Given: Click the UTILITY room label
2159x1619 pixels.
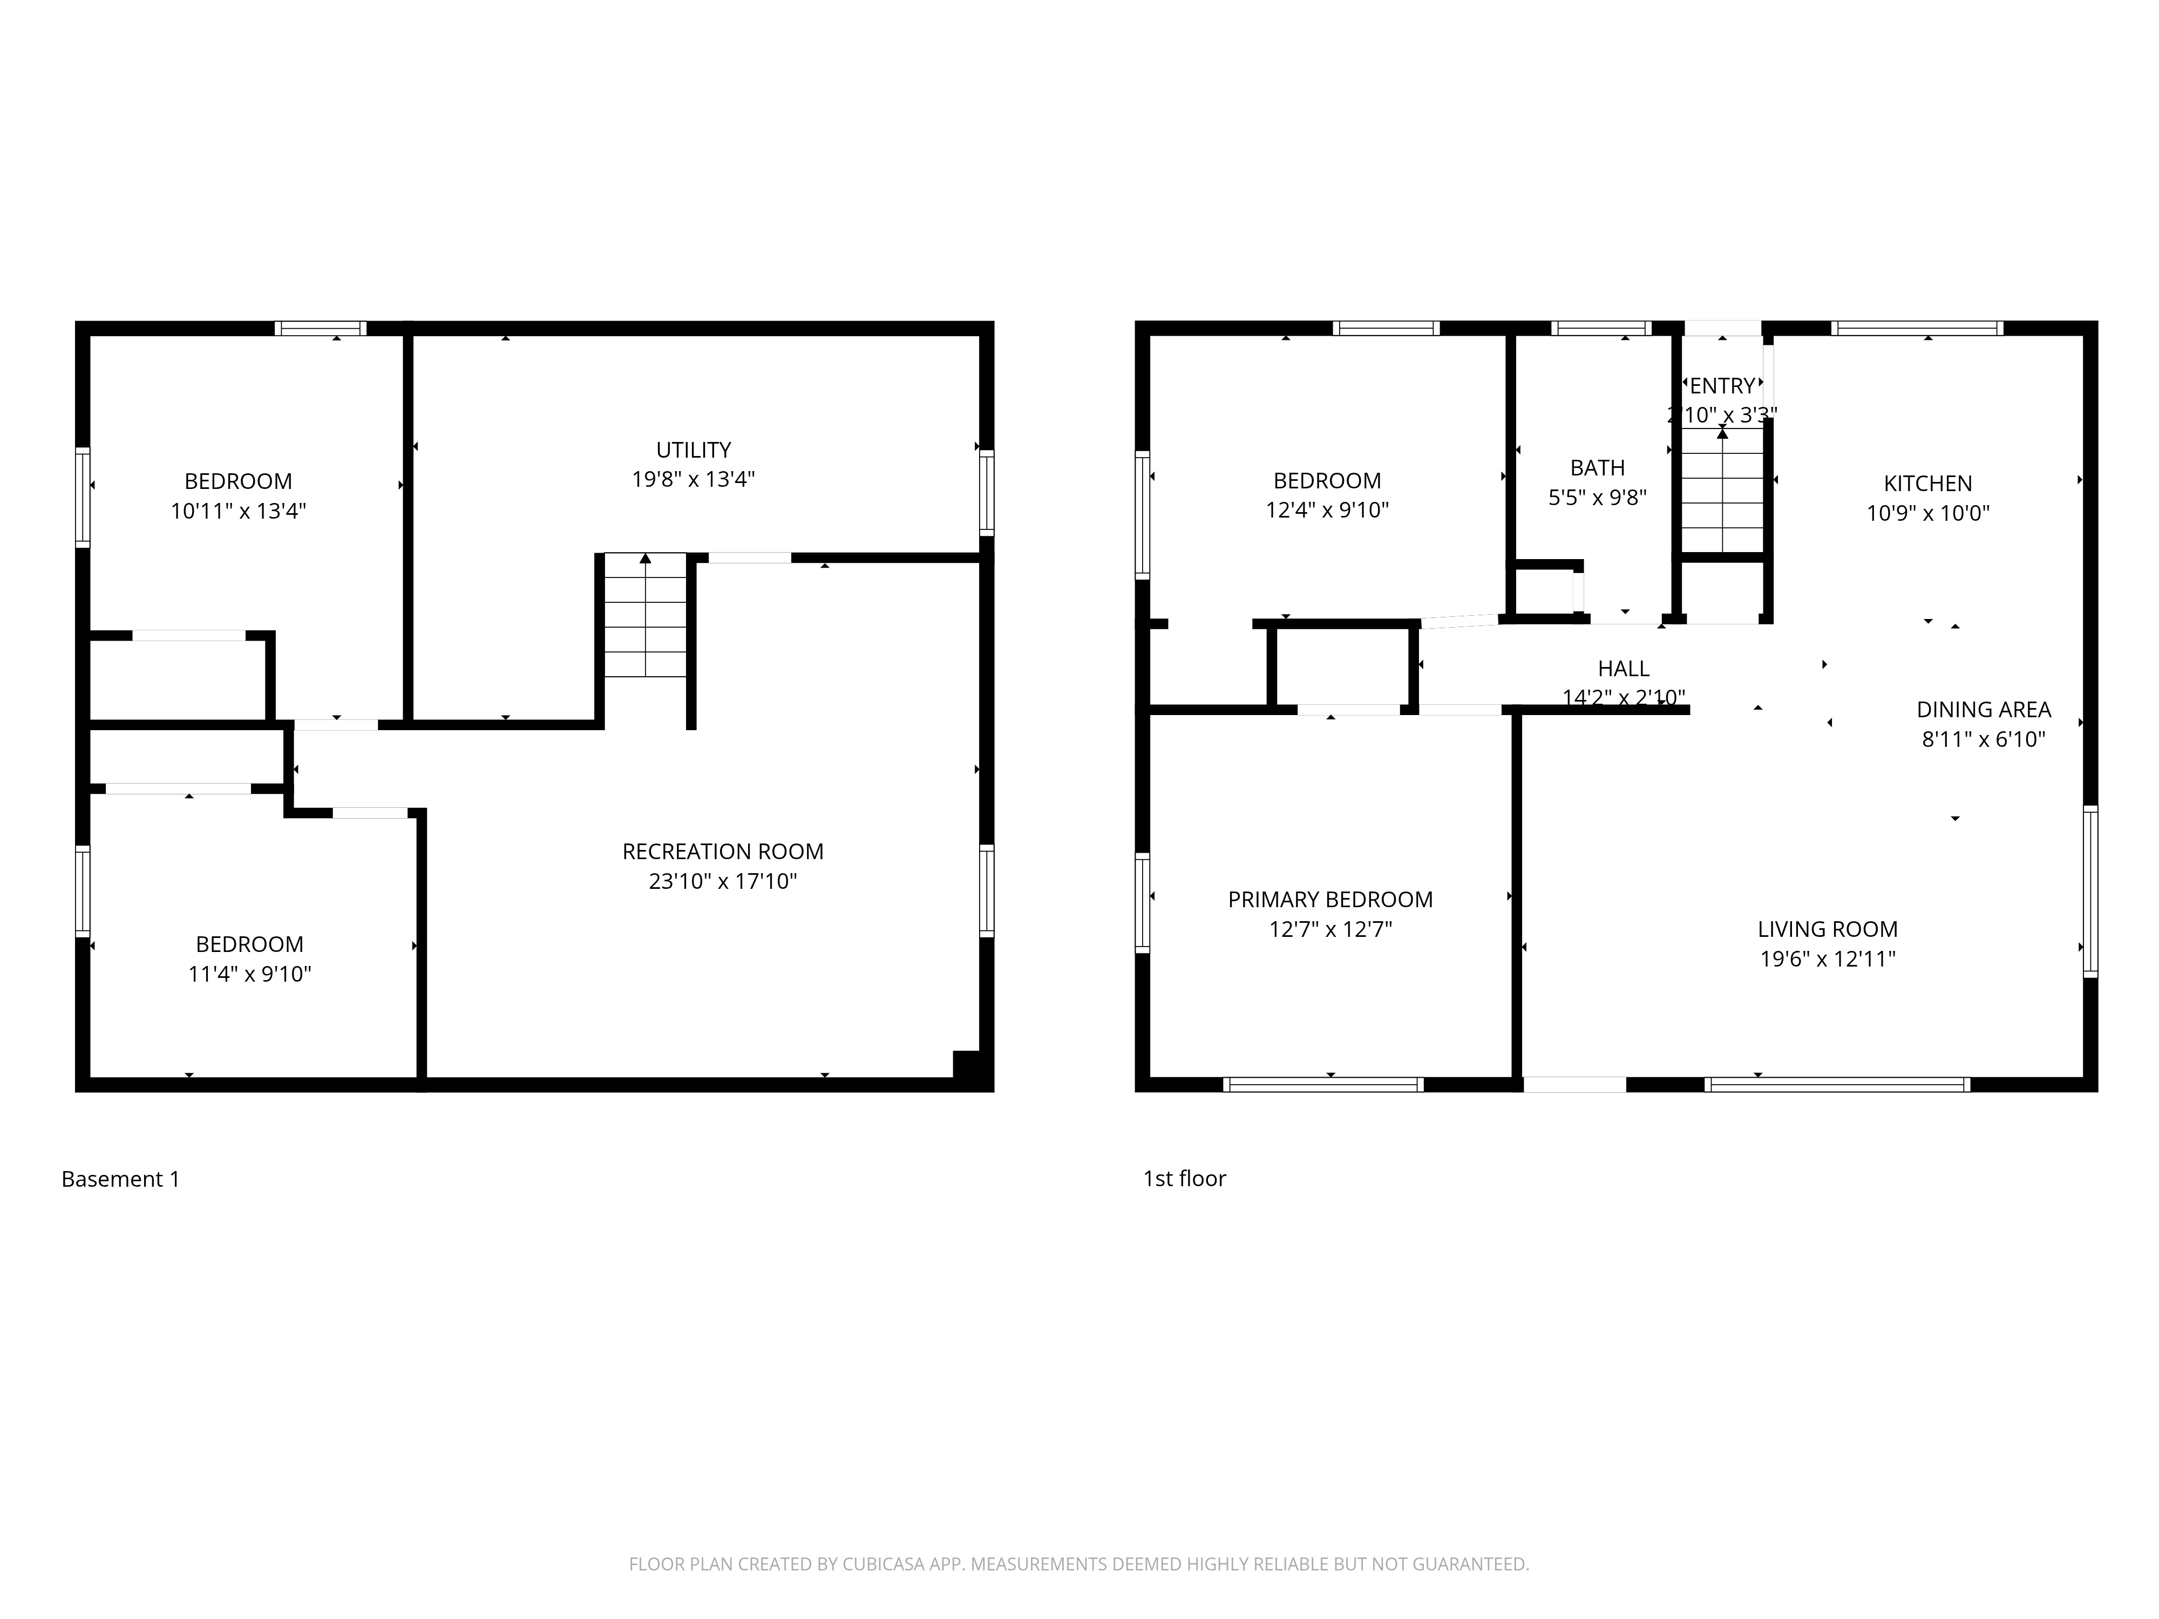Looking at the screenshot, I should pos(693,450).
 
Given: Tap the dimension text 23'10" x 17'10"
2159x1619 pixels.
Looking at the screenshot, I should pos(722,881).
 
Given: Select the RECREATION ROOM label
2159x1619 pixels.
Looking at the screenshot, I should pos(722,851).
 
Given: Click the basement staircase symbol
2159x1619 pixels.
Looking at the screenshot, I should pos(644,615).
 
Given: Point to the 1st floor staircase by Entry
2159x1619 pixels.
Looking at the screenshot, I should pos(1722,498).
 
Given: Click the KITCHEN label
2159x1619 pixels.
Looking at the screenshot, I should pos(1927,483).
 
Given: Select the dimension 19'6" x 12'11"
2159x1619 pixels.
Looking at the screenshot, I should pos(1827,958).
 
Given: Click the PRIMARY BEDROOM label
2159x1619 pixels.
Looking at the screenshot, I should pos(1329,900).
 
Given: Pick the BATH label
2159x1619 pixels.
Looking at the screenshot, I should pos(1597,467).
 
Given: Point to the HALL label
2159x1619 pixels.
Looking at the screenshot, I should pos(1623,669).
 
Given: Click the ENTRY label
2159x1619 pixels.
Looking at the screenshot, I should pos(1722,385).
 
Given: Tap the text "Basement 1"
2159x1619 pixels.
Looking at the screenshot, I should pos(120,1179).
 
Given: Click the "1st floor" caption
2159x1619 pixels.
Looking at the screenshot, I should pos(1184,1178).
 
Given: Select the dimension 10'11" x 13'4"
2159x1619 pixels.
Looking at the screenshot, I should pos(238,511).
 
